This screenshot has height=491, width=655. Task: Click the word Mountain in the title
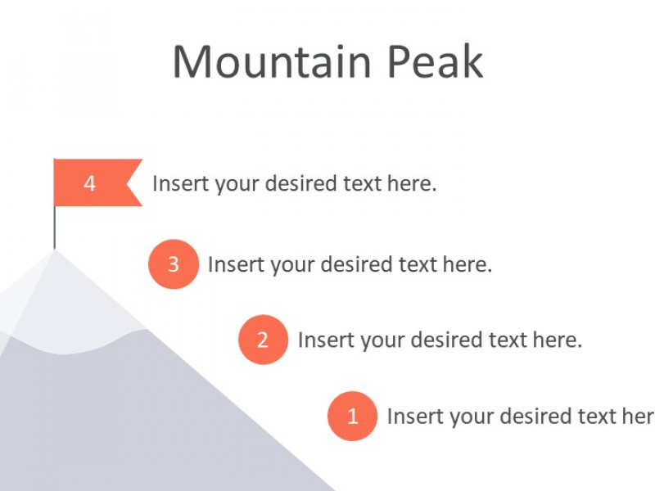point(272,61)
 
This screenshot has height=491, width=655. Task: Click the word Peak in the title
point(436,61)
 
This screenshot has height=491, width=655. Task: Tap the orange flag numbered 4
point(97,182)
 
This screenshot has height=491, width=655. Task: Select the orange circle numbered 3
point(174,264)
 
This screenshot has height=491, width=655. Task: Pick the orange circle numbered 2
point(263,340)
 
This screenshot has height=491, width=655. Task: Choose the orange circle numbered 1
point(352,416)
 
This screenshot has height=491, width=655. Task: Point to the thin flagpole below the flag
point(54,228)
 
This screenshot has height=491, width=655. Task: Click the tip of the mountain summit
point(54,250)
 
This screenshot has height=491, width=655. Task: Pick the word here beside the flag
point(412,183)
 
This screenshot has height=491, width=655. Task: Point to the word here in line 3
point(467,264)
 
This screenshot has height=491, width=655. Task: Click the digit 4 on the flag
point(90,183)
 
